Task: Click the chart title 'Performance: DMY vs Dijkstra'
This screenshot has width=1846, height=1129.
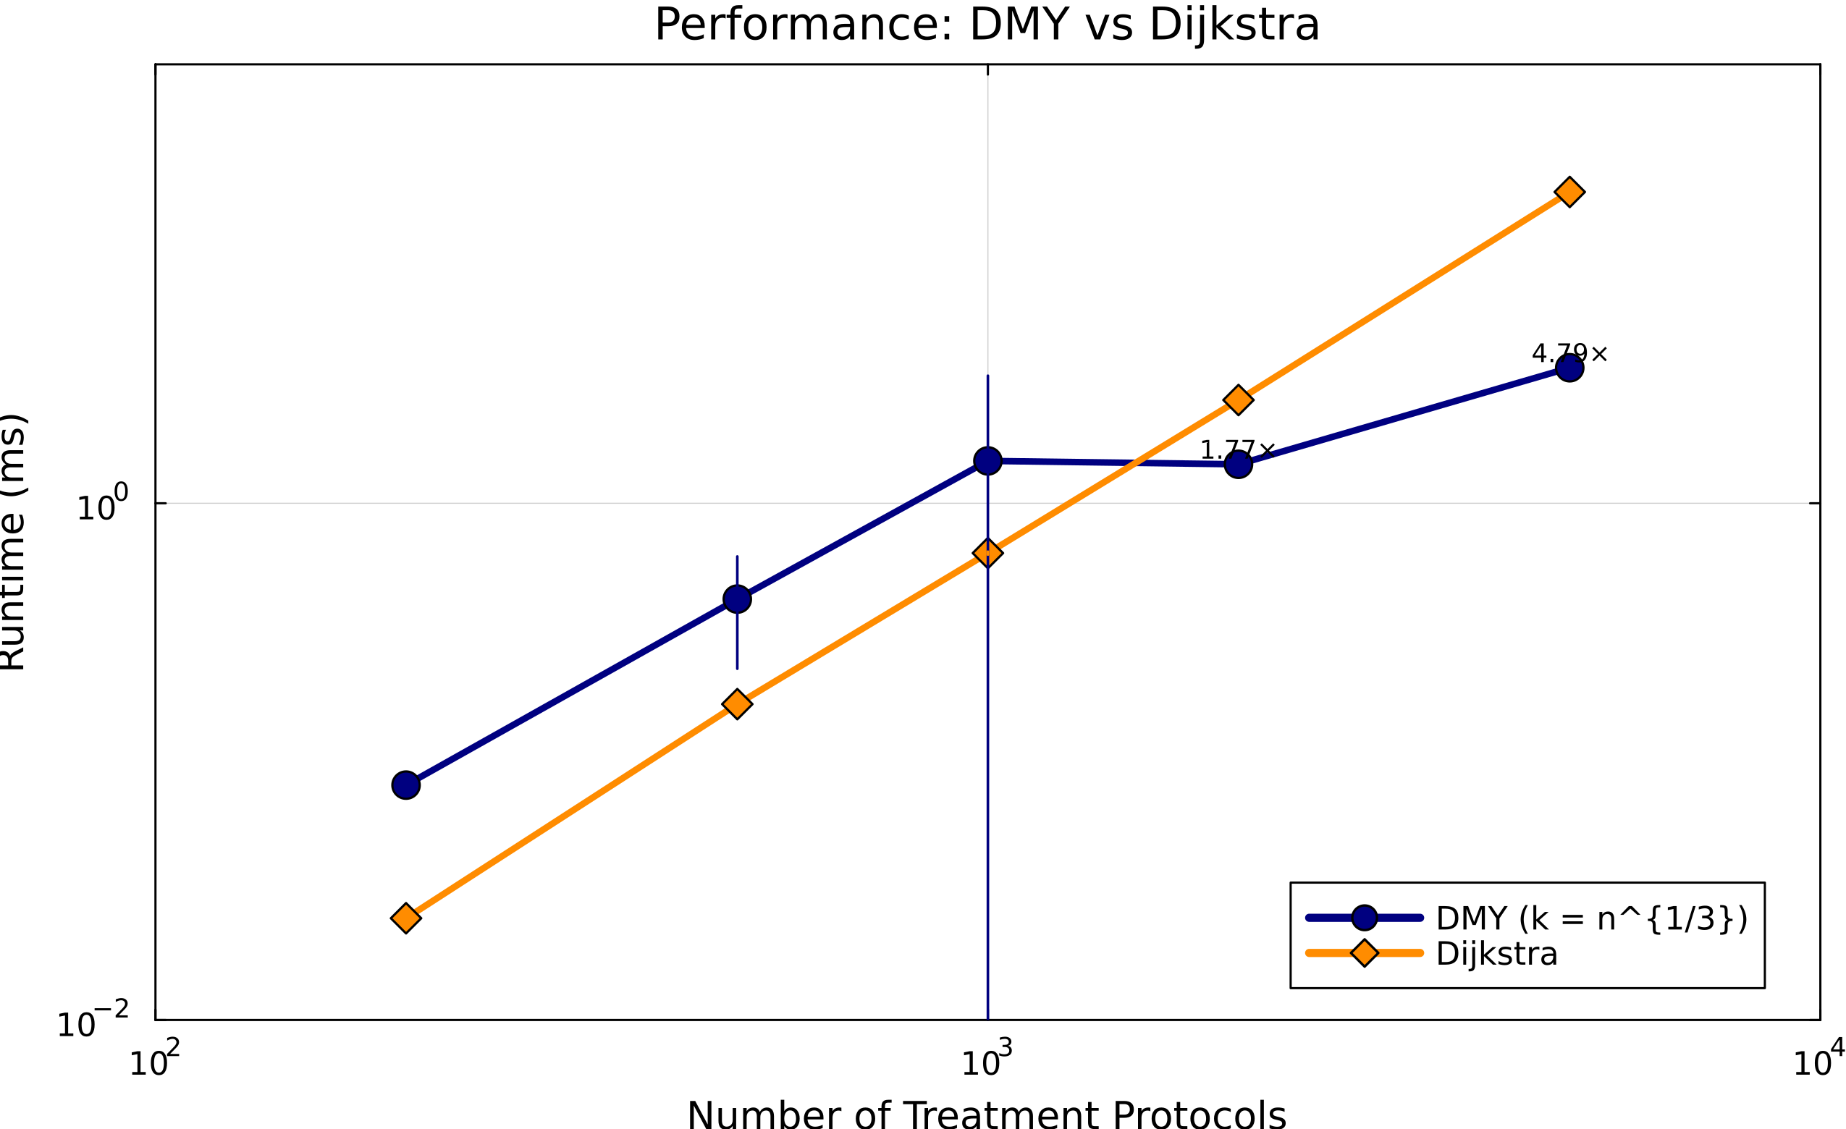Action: pyautogui.click(x=987, y=25)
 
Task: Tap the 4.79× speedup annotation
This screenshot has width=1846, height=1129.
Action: pyautogui.click(x=1569, y=353)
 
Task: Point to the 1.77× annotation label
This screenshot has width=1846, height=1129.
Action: pyautogui.click(x=1237, y=450)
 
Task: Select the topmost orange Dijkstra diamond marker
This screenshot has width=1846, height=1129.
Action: pyautogui.click(x=1569, y=192)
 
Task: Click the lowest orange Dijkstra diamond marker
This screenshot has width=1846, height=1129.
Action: pyautogui.click(x=405, y=917)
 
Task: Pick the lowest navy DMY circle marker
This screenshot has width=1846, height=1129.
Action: pyautogui.click(x=405, y=785)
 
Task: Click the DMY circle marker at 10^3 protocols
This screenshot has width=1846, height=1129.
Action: pyautogui.click(x=987, y=461)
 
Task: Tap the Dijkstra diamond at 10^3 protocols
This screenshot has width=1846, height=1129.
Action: pyautogui.click(x=987, y=553)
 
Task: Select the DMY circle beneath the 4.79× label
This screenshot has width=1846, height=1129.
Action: pyautogui.click(x=1569, y=368)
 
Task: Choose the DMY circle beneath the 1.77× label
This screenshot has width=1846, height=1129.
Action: pyautogui.click(x=1238, y=465)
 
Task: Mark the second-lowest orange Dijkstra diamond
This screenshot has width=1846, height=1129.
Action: pyautogui.click(x=737, y=704)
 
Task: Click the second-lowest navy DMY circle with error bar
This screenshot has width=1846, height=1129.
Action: pyautogui.click(x=737, y=599)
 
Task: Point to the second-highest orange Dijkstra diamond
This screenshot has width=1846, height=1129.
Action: pyautogui.click(x=1238, y=400)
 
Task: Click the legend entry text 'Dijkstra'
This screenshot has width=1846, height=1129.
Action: pyautogui.click(x=1497, y=954)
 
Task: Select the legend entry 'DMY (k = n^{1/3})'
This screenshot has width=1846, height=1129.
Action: pyautogui.click(x=1591, y=918)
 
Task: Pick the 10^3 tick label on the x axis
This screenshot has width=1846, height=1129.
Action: pyautogui.click(x=986, y=1062)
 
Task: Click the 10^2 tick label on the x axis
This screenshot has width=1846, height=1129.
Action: pyautogui.click(x=154, y=1062)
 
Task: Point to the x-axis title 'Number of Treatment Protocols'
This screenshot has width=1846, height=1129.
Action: pyautogui.click(x=986, y=1114)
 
